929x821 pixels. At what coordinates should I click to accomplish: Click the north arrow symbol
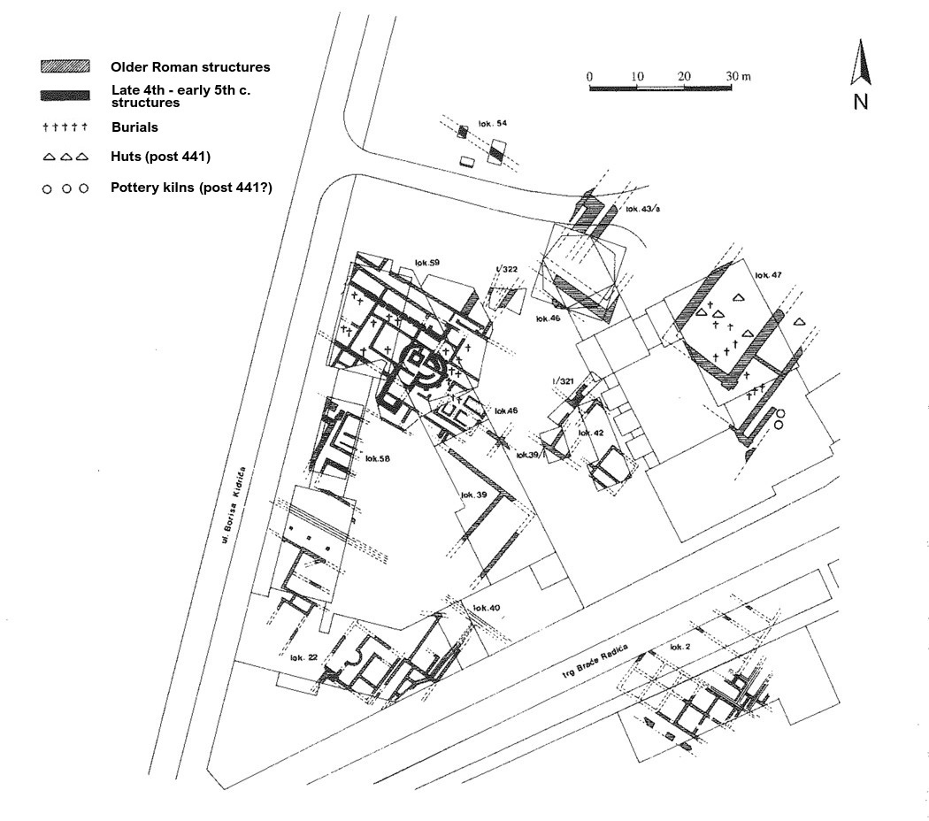pyautogui.click(x=860, y=63)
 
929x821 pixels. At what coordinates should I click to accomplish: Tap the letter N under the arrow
pyautogui.click(x=860, y=102)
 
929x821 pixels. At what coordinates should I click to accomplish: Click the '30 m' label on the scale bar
pyautogui.click(x=738, y=77)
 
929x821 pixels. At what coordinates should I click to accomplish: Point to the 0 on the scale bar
pyautogui.click(x=589, y=77)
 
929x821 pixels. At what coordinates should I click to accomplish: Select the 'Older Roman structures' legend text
pyautogui.click(x=190, y=67)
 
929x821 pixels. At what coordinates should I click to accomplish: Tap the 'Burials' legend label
pyautogui.click(x=134, y=127)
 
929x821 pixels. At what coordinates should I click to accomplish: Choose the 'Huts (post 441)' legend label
pyautogui.click(x=160, y=157)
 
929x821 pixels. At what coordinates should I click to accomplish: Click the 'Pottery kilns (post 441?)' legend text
pyautogui.click(x=190, y=188)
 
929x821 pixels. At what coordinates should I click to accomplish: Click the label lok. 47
pyautogui.click(x=768, y=276)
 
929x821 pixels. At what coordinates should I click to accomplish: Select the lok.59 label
pyautogui.click(x=427, y=263)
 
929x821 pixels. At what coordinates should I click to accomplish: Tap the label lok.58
pyautogui.click(x=377, y=458)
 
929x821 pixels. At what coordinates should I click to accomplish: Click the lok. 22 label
pyautogui.click(x=303, y=657)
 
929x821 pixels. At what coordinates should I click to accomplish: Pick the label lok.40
pyautogui.click(x=487, y=608)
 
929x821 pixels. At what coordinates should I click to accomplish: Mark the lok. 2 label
pyautogui.click(x=679, y=648)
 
